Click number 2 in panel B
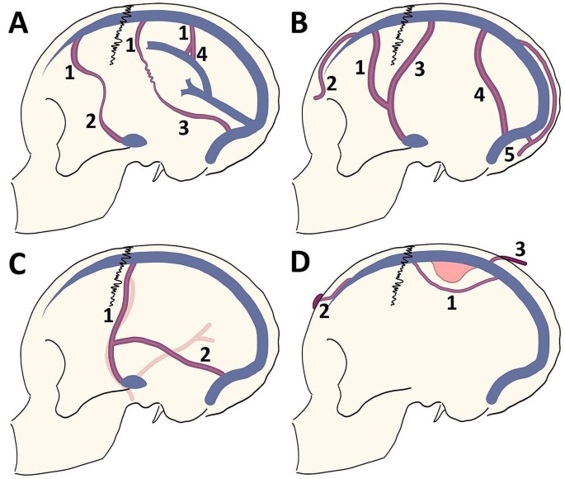tap(332, 83)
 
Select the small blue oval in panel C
tap(134, 382)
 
